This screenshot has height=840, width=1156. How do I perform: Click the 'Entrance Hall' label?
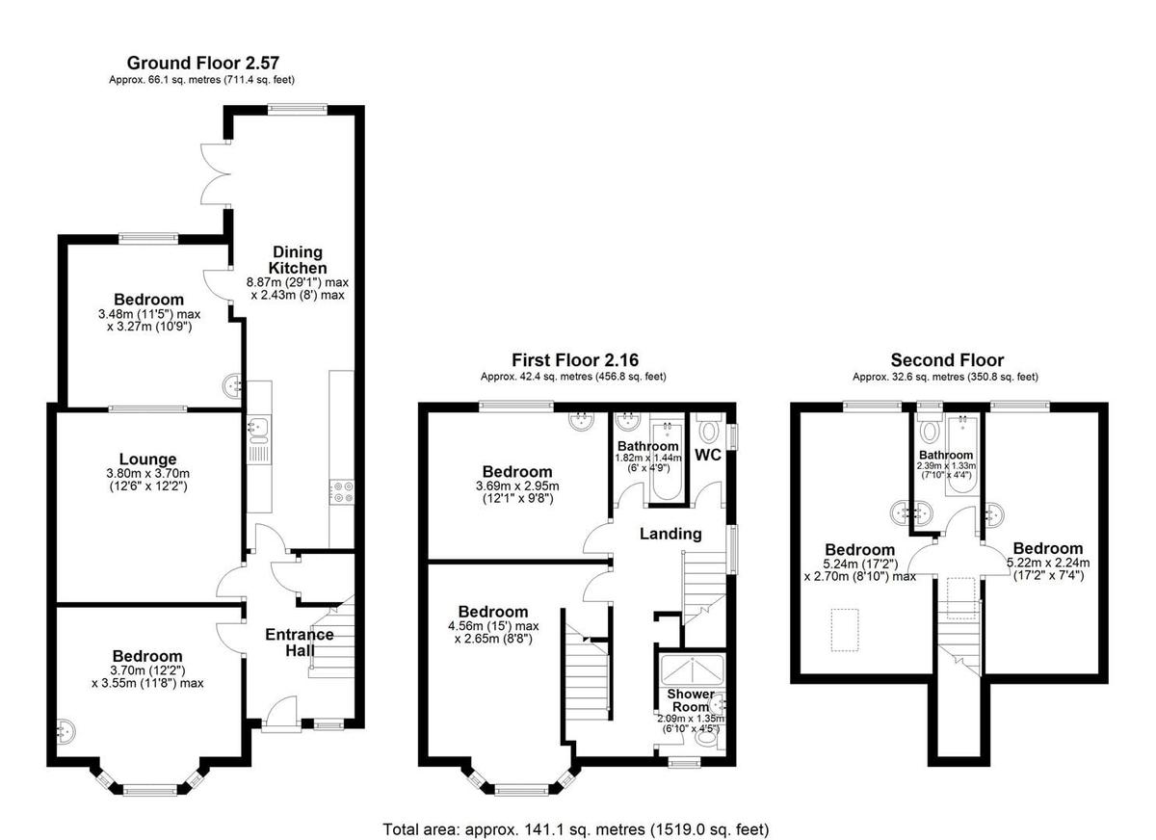coord(300,643)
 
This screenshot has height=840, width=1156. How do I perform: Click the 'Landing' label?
coord(671,534)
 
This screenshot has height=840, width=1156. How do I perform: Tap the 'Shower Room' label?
coord(691,700)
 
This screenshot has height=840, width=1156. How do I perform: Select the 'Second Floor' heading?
coord(947,360)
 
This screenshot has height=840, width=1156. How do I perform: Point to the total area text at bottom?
coord(576,828)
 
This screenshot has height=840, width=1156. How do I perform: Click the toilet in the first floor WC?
coord(709,429)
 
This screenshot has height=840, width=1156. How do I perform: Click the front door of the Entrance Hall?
coord(280,713)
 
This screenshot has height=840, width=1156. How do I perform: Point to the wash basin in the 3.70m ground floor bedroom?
coord(67,733)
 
